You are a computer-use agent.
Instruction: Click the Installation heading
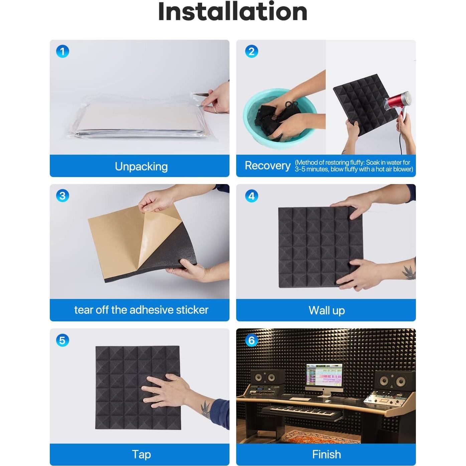click(x=232, y=12)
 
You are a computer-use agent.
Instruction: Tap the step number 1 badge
click(x=62, y=51)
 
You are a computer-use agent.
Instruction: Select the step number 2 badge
click(x=252, y=51)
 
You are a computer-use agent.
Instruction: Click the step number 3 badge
click(x=62, y=196)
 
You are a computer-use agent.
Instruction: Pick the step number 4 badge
click(x=252, y=196)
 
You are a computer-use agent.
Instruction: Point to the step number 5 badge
click(x=62, y=340)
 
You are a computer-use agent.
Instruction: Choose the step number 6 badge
click(x=252, y=340)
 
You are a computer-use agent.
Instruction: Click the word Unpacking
click(x=141, y=167)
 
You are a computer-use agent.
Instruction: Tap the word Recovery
click(x=268, y=166)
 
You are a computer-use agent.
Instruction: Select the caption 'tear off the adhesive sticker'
click(x=141, y=310)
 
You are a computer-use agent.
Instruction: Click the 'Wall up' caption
click(x=327, y=311)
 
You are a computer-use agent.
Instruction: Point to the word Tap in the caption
click(x=141, y=454)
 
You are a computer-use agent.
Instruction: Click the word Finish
click(x=326, y=454)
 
